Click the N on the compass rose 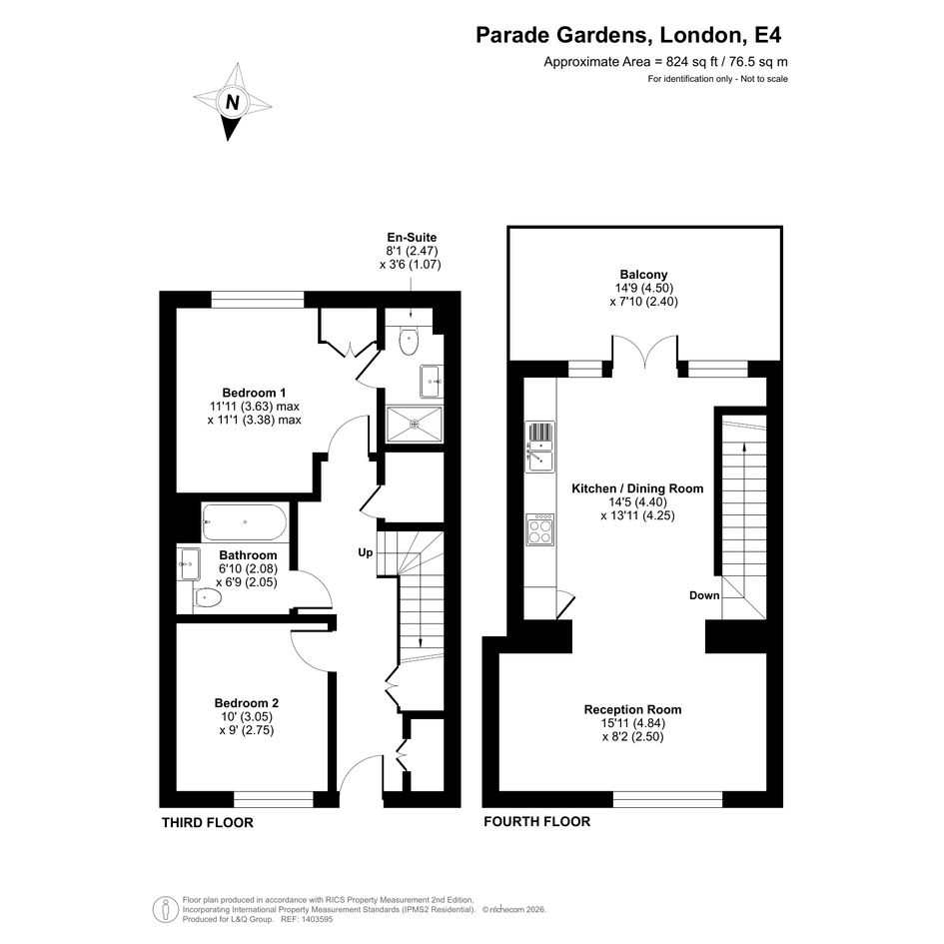[233, 102]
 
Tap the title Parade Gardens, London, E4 [628, 35]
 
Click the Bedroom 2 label [246, 703]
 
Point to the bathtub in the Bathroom [245, 522]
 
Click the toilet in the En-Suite [409, 342]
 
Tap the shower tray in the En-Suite [415, 425]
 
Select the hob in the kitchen [540, 529]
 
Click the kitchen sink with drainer [540, 447]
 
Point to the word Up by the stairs [366, 552]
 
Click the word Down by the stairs [704, 595]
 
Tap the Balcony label [643, 275]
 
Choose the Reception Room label [632, 710]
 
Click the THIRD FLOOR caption [208, 823]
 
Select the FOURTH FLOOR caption [537, 822]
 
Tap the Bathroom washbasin [189, 563]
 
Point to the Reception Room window [667, 799]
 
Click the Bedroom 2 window [274, 799]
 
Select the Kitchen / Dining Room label [637, 488]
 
